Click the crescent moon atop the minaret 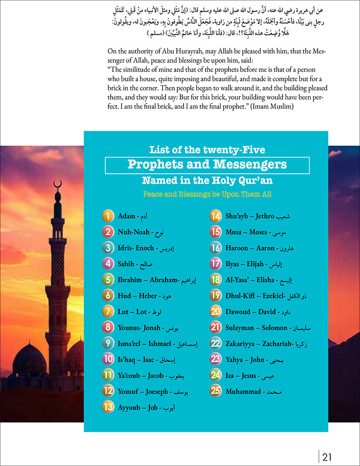(57, 184)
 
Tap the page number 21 (327, 457)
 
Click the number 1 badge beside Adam (108, 216)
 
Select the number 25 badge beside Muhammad (216, 391)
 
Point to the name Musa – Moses (247, 232)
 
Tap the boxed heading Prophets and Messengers (207, 164)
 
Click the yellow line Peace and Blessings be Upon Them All (207, 195)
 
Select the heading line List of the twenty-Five (207, 149)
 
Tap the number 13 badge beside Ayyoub (108, 407)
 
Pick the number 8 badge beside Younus (108, 328)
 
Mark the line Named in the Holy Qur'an (207, 181)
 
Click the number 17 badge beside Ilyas (216, 264)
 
